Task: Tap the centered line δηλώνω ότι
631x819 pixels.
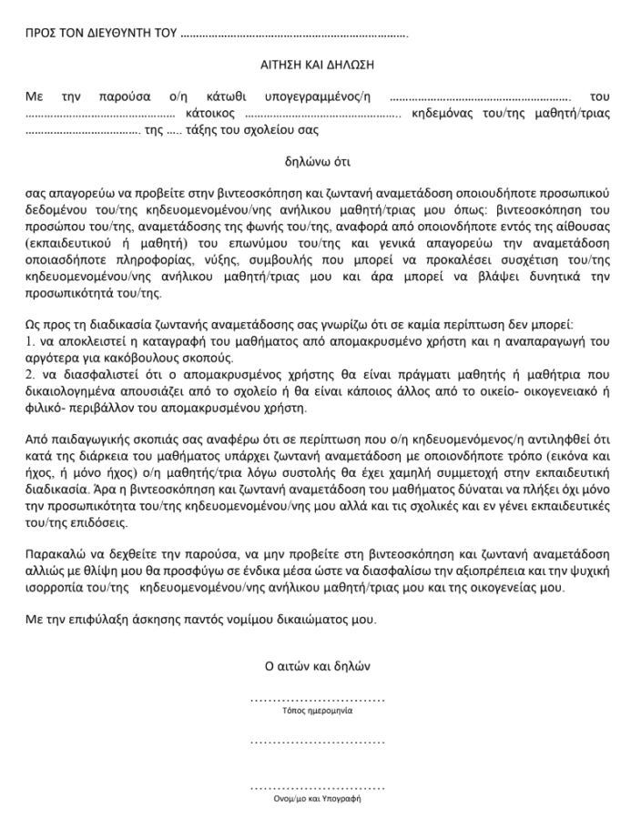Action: [x=316, y=164]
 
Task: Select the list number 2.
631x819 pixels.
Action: [x=29, y=374]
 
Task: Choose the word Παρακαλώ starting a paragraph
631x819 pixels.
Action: [x=54, y=553]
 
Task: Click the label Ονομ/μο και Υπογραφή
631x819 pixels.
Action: [x=317, y=798]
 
